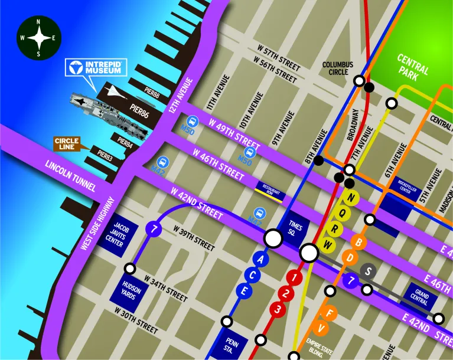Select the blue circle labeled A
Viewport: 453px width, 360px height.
[x=261, y=258]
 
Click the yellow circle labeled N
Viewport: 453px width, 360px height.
[x=353, y=197]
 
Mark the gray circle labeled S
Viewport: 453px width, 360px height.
[x=370, y=271]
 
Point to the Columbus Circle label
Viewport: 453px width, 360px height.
[x=337, y=68]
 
